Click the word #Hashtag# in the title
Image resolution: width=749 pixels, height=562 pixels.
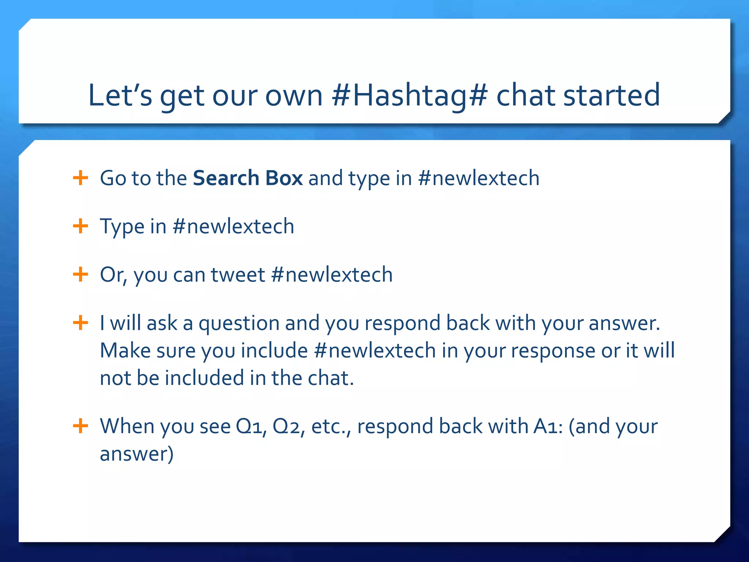click(409, 95)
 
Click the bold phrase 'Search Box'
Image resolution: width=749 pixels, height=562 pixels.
click(248, 178)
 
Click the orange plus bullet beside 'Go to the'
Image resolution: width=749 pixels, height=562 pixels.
click(80, 178)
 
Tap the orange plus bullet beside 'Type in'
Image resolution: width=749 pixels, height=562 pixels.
click(80, 226)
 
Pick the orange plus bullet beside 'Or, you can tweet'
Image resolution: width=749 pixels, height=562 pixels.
click(80, 274)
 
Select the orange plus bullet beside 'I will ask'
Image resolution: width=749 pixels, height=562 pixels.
click(80, 323)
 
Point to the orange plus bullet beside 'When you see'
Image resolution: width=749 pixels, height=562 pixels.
click(80, 426)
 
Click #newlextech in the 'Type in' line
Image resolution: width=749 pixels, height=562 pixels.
click(233, 226)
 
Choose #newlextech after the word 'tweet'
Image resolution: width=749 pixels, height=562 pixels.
click(332, 274)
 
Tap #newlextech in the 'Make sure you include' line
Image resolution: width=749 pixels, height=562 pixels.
click(374, 351)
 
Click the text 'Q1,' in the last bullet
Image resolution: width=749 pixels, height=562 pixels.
click(251, 427)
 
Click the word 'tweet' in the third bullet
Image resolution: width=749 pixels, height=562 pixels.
click(238, 274)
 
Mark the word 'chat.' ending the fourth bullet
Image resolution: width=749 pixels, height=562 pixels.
click(331, 378)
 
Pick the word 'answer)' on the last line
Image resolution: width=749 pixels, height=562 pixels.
click(136, 454)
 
